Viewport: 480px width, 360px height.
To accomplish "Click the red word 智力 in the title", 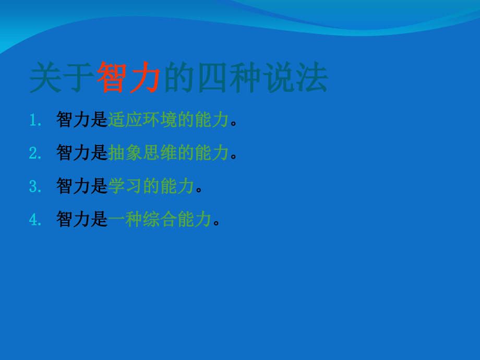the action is [x=128, y=77].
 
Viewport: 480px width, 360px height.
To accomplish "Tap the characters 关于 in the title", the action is [x=61, y=77].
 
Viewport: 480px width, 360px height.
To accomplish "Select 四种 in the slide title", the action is [x=230, y=77].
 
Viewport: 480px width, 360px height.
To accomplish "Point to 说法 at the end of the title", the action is [x=295, y=77].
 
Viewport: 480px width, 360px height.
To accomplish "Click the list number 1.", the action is [x=35, y=119].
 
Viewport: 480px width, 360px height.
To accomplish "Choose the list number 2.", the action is [x=35, y=153].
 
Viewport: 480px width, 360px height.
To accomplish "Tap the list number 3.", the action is [x=35, y=186].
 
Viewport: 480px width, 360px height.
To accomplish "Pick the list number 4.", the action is [x=35, y=219].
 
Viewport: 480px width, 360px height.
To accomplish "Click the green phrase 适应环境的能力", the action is [x=169, y=119].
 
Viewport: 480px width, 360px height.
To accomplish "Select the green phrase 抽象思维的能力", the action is [x=169, y=152].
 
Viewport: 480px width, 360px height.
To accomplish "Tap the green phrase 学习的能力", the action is [x=151, y=186].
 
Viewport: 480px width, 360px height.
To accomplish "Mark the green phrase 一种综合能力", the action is [x=160, y=219].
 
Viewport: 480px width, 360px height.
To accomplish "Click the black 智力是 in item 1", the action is [x=82, y=119].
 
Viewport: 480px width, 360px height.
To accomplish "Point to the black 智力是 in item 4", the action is [x=82, y=219].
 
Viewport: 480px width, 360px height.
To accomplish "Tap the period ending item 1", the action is [x=234, y=123].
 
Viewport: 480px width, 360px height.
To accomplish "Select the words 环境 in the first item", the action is [x=160, y=119].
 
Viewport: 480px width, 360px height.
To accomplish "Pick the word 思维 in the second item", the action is [x=160, y=152].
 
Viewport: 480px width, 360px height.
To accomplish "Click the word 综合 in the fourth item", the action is [x=160, y=219].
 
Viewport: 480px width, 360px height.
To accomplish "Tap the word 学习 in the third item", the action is [x=125, y=186].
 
